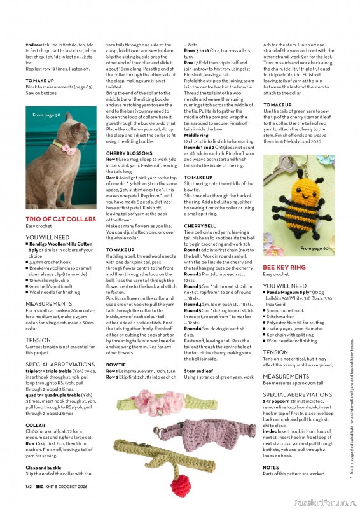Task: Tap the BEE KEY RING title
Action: coord(284,268)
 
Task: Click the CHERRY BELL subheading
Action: coord(200,226)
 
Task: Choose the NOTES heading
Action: coord(271,467)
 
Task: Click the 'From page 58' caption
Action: coord(46,115)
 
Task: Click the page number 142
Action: coord(29,486)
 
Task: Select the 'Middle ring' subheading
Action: coord(197,135)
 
